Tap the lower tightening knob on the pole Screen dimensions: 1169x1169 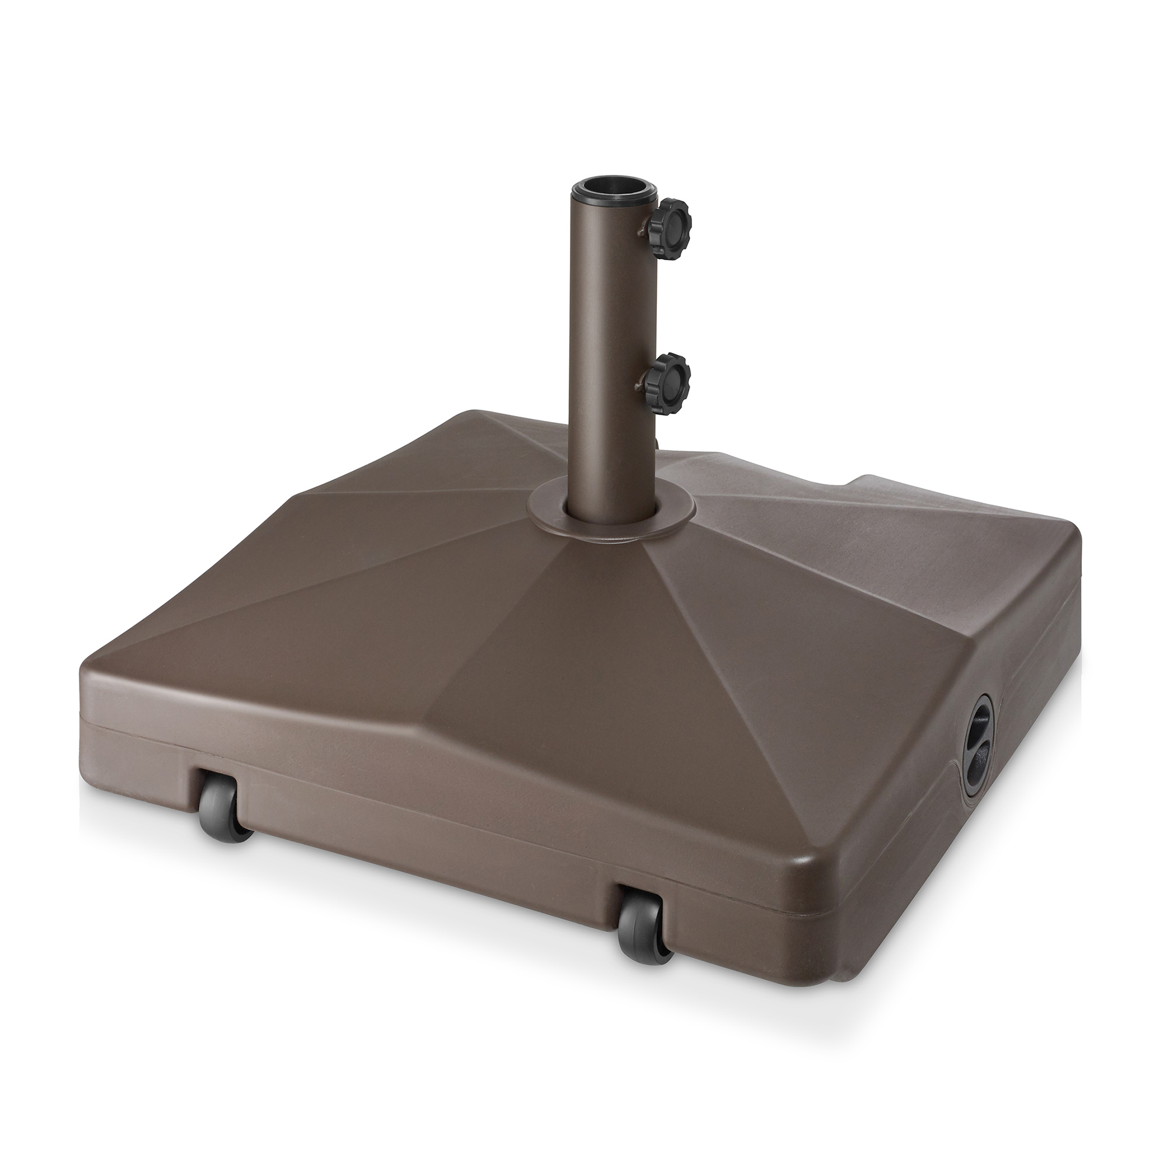coord(667,372)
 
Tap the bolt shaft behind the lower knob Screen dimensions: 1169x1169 coord(640,381)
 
